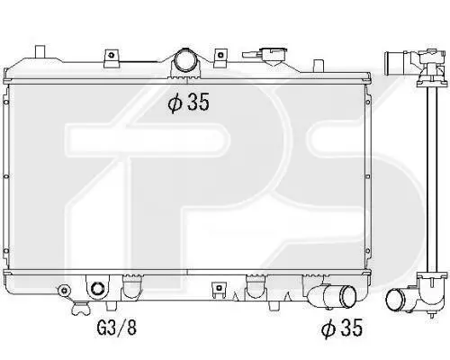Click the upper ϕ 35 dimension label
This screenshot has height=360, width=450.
tap(188, 102)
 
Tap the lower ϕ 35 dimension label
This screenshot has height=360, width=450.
tap(342, 328)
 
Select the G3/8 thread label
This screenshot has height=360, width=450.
tap(117, 328)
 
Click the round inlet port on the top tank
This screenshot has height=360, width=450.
tap(184, 60)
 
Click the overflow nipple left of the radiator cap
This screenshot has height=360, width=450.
tap(251, 55)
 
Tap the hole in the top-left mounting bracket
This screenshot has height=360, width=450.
tap(112, 55)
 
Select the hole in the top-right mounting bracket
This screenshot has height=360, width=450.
tap(220, 55)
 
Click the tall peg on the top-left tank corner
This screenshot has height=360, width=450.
tap(40, 51)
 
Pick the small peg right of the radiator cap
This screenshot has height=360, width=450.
tap(319, 66)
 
